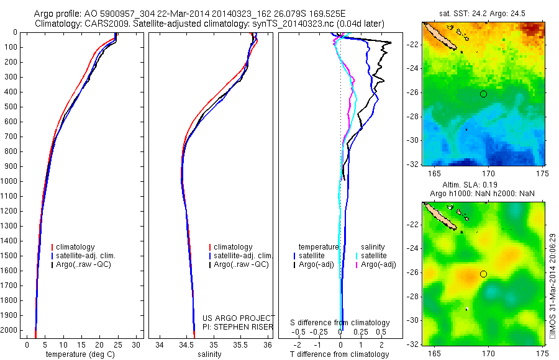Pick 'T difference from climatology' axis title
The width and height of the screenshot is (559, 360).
(339, 354)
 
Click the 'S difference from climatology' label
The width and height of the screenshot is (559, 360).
(340, 323)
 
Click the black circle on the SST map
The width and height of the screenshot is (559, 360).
(483, 94)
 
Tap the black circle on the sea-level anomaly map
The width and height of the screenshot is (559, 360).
(483, 274)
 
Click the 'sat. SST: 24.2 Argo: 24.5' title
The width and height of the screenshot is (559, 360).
(483, 13)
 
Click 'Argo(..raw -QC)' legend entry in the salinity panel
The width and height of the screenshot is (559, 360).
(241, 264)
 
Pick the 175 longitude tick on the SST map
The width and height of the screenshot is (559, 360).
(543, 172)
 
